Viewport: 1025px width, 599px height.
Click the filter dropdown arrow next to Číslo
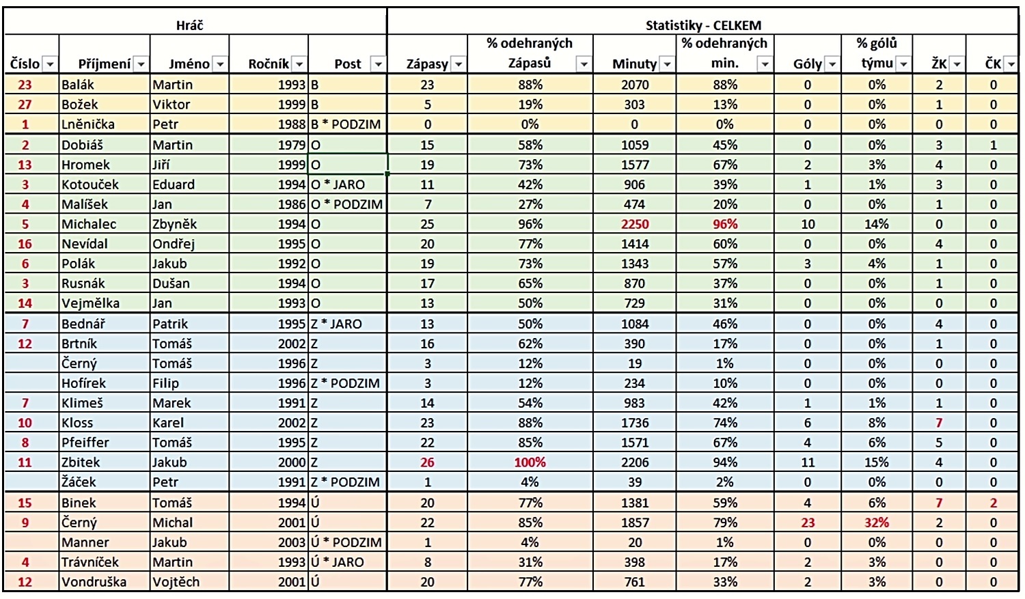coord(50,64)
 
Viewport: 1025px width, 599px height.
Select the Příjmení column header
coord(105,64)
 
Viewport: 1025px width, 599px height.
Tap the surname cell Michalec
coord(89,224)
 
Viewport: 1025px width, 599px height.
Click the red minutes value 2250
coord(635,224)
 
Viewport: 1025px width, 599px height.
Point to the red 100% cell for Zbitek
coord(530,462)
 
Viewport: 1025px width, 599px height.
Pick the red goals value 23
coord(808,523)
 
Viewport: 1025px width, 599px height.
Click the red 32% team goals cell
coord(877,523)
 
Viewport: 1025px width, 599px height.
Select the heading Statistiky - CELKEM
coord(703,25)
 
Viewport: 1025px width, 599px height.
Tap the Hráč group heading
coord(189,25)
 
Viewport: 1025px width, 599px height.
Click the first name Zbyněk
coord(174,224)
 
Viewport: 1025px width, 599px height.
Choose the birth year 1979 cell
coord(292,145)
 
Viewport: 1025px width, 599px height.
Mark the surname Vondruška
coord(94,582)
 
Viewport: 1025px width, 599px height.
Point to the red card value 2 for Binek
coord(993,503)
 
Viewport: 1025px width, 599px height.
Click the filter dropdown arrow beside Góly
coord(832,64)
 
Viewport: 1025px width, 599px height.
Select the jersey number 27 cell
coord(25,105)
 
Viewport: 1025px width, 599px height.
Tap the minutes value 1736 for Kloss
coord(635,423)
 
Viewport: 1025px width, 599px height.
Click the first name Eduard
coord(174,184)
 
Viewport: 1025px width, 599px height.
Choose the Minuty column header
coord(634,64)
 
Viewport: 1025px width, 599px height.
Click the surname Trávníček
coord(90,562)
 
